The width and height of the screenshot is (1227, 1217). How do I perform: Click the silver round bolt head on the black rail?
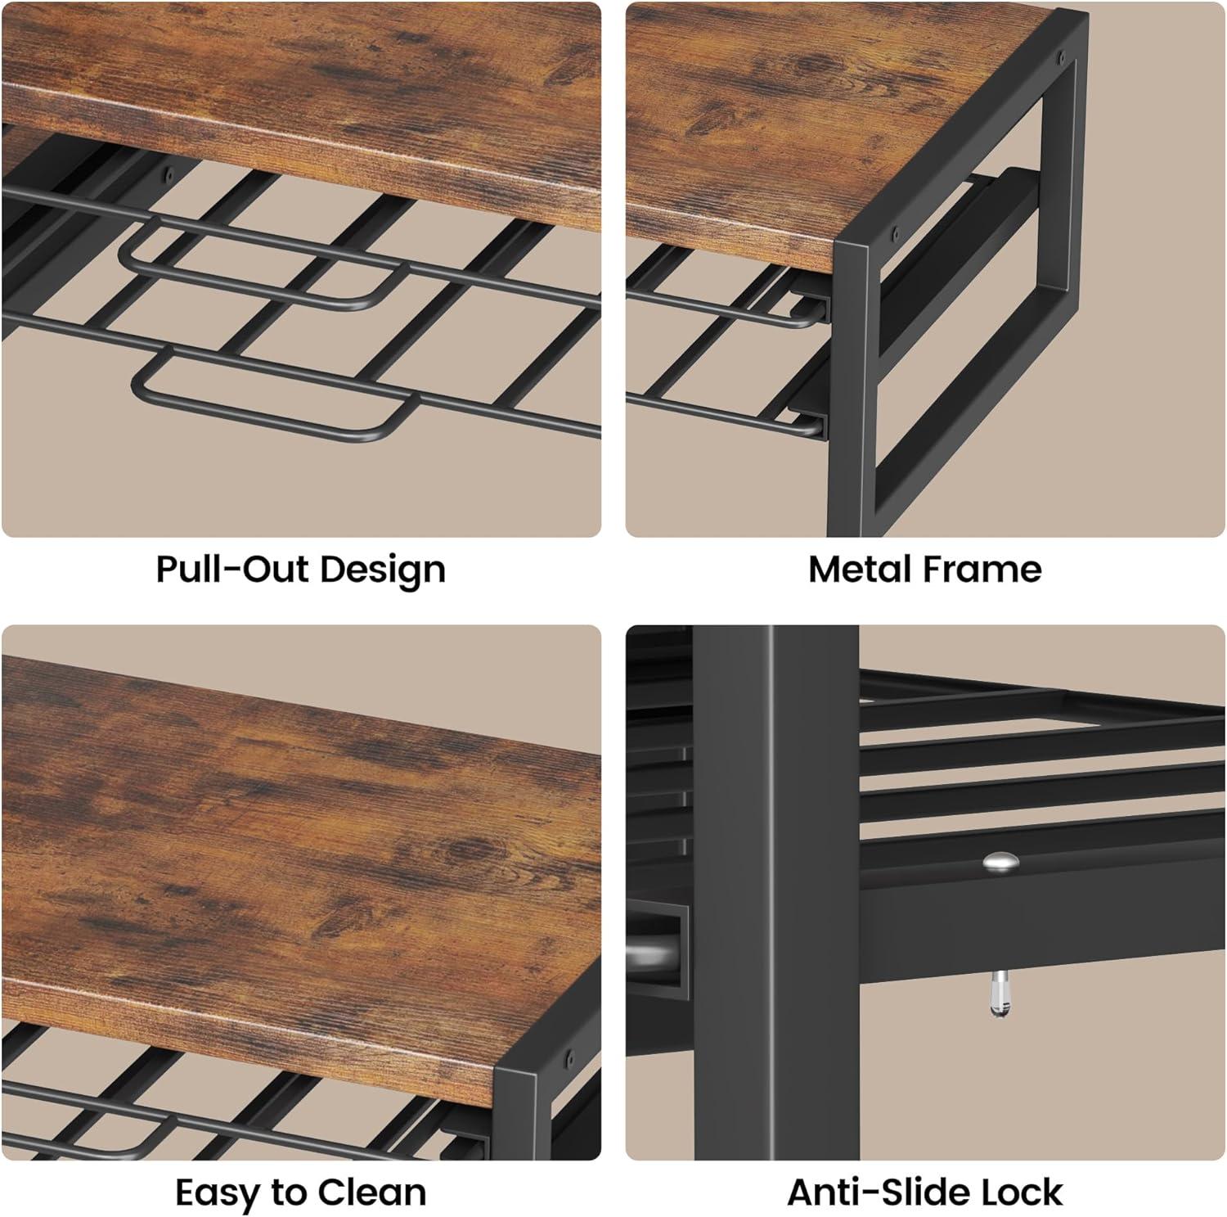click(1000, 861)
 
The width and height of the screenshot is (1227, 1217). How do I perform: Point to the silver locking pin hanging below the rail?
click(1000, 994)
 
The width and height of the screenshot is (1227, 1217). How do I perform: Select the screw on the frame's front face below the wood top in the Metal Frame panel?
click(895, 232)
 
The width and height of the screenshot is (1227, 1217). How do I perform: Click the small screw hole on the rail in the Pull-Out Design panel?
click(170, 174)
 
